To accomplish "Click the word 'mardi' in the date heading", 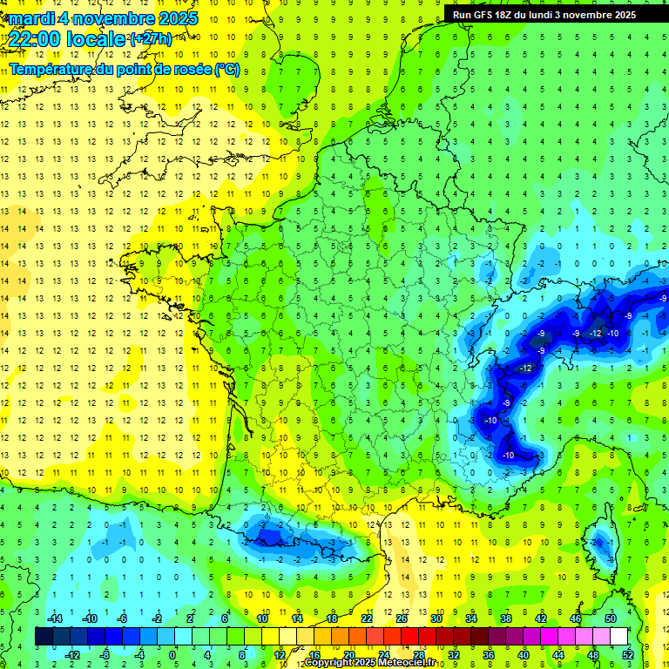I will click(31, 18).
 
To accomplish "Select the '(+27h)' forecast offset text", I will click(152, 39).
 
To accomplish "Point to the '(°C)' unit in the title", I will click(227, 69).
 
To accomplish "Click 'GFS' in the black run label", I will click(484, 15).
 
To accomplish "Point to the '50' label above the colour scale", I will click(610, 618).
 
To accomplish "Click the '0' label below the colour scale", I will click(172, 654).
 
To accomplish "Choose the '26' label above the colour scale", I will click(401, 618).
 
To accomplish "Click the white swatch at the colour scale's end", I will click(618, 636).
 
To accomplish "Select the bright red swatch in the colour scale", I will click(409, 636).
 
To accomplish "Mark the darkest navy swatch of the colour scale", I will click(44, 636).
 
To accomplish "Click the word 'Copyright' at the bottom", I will click(328, 663).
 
